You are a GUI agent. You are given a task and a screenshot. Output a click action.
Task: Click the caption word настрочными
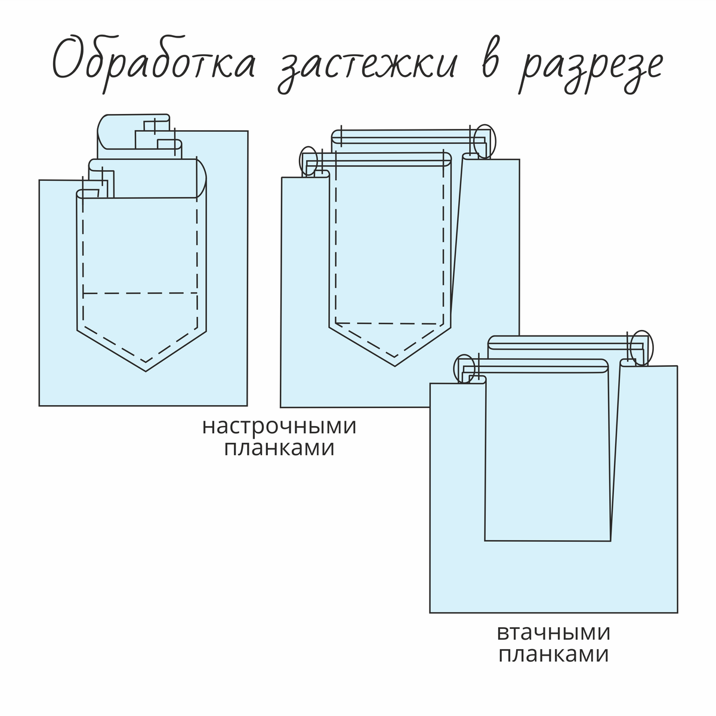[x=279, y=427]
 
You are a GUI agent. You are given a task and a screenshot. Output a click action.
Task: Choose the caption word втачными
[x=554, y=632]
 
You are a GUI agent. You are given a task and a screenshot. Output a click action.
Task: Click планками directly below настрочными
[x=279, y=448]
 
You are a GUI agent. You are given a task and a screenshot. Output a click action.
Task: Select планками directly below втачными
[x=554, y=655]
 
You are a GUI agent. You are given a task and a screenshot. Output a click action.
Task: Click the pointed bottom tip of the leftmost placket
[x=146, y=371]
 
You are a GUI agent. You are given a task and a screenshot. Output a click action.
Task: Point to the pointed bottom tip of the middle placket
[x=395, y=366]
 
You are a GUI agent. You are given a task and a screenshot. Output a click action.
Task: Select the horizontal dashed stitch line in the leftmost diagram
[x=140, y=294]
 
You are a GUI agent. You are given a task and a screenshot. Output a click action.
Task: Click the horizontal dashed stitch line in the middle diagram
[x=388, y=323]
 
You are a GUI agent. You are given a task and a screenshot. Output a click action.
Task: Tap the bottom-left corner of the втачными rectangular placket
[x=485, y=540]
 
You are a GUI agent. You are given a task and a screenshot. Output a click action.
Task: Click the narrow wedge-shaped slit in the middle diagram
[x=456, y=238]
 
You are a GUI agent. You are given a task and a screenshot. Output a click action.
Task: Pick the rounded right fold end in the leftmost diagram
[x=202, y=178]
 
